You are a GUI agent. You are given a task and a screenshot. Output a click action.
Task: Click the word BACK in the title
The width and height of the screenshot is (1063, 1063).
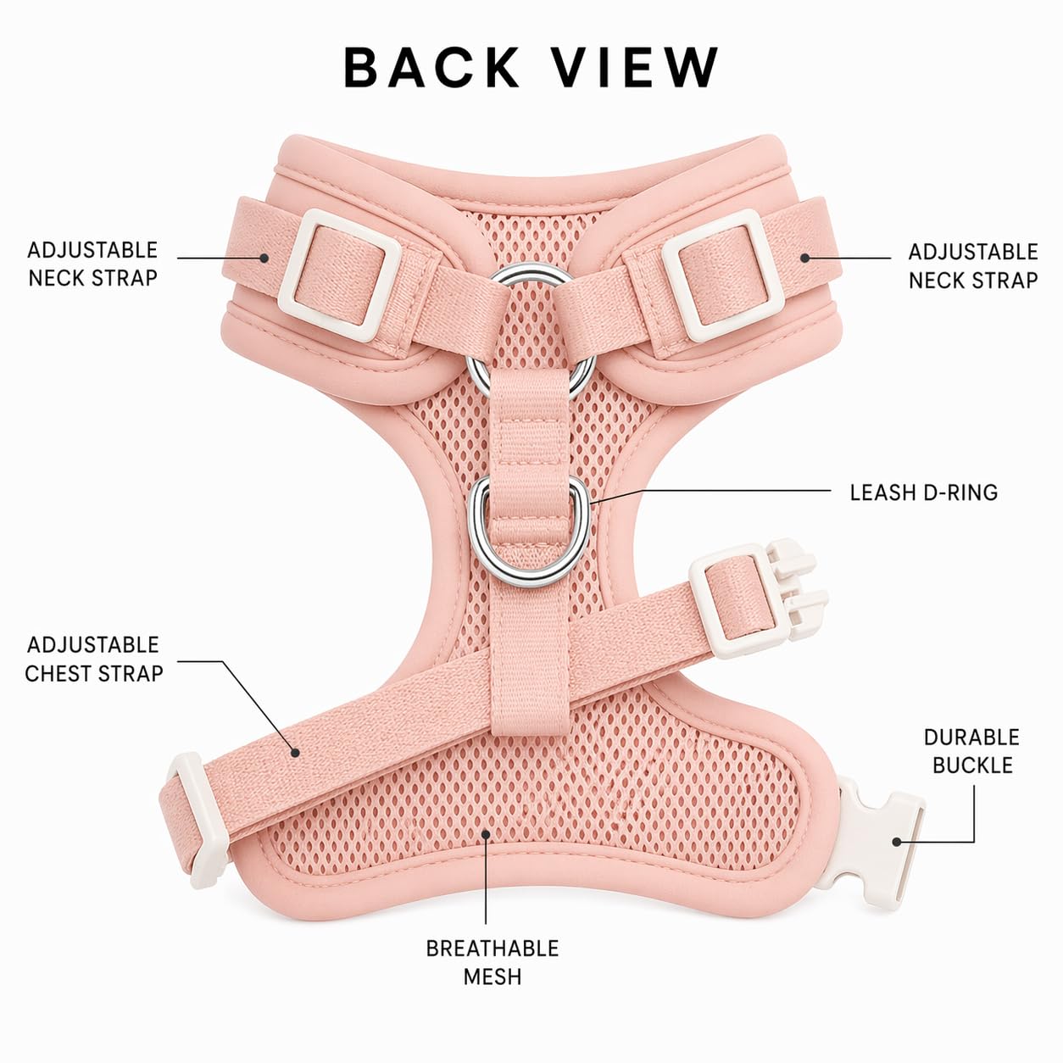point(431,67)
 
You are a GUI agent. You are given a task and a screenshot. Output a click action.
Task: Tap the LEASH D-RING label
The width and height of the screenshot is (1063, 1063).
point(923,493)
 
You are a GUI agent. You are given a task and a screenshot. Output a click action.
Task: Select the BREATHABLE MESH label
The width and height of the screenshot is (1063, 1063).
point(492,963)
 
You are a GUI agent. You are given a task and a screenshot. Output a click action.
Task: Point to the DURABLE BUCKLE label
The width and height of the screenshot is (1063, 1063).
point(972,751)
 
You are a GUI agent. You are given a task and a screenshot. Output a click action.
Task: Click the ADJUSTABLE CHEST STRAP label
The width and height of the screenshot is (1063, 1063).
point(94,660)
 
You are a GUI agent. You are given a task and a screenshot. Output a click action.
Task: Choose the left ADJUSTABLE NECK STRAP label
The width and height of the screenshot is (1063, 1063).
point(92,264)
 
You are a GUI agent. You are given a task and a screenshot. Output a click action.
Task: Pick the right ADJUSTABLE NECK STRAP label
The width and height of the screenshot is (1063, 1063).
point(973,266)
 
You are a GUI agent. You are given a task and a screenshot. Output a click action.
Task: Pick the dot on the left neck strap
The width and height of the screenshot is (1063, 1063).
point(264,258)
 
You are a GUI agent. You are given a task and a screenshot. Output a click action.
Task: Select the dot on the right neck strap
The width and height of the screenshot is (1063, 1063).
point(804,258)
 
